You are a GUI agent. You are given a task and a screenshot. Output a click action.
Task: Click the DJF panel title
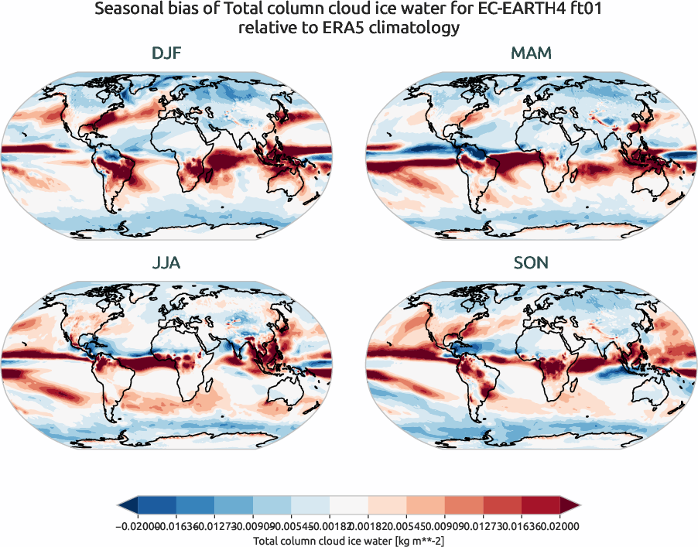(166, 53)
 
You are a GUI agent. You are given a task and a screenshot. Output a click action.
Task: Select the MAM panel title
(531, 53)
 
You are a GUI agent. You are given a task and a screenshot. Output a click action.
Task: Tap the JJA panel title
(166, 263)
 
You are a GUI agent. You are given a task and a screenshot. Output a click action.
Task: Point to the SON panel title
(531, 263)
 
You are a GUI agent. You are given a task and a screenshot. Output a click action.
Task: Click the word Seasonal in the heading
(128, 10)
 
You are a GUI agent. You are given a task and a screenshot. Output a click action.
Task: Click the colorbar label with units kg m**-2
(348, 540)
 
